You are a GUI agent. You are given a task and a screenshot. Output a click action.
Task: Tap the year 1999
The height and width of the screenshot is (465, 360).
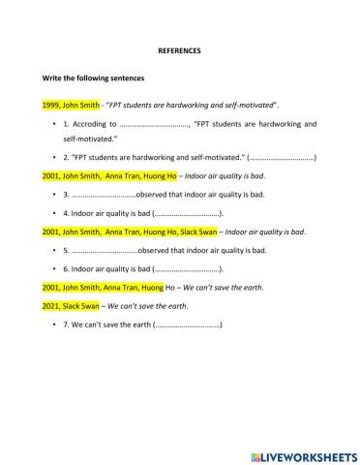[x=52, y=103]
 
